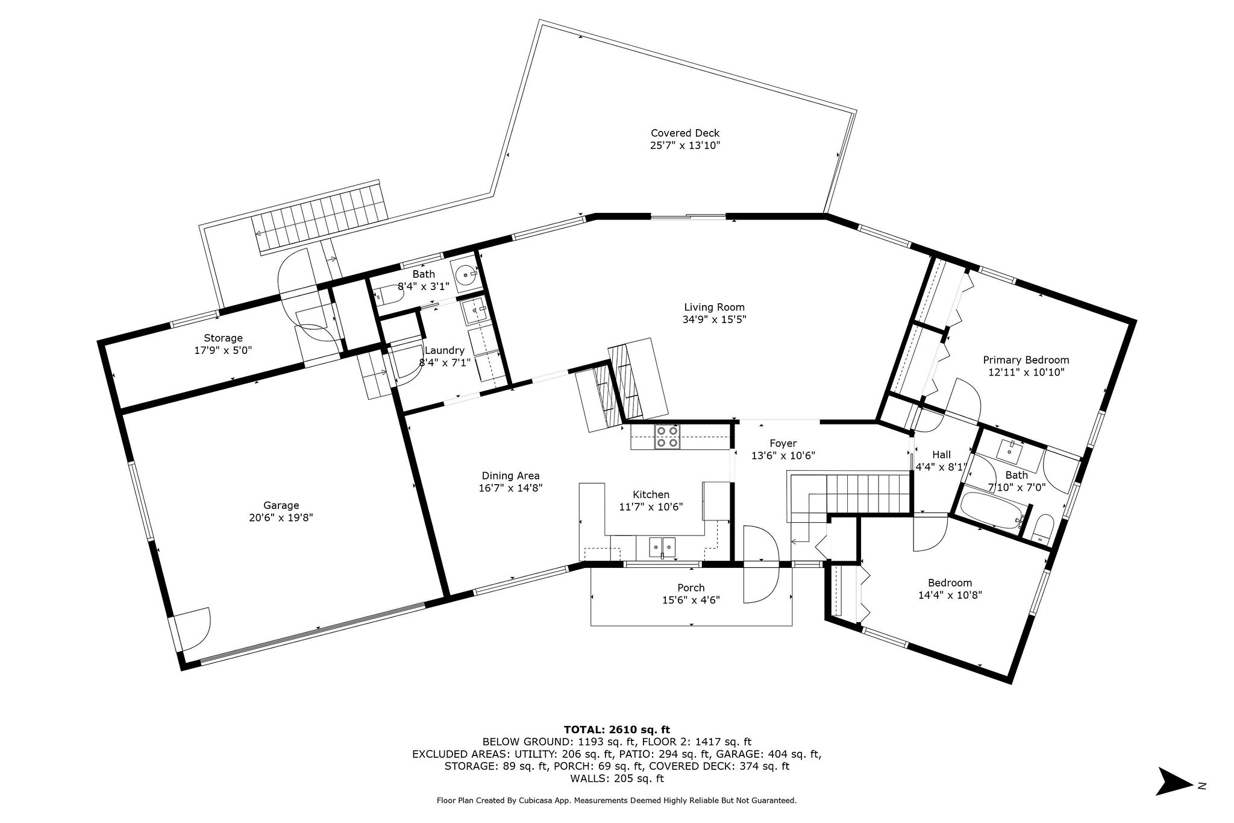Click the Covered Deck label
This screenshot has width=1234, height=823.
tap(684, 133)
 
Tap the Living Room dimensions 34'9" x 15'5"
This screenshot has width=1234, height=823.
tap(714, 320)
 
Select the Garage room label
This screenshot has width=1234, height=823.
tap(281, 505)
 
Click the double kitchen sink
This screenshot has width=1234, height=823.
tap(662, 546)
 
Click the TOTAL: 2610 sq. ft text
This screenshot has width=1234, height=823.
tap(616, 729)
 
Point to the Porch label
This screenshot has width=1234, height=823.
tap(691, 587)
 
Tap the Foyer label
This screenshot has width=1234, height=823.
tap(783, 443)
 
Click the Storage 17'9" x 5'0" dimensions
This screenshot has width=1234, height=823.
tap(223, 350)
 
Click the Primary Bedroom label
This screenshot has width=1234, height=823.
tap(1026, 360)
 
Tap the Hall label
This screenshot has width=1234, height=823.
tap(941, 455)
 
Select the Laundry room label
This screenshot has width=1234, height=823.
tap(445, 350)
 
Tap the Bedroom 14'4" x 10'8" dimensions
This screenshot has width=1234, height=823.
tap(950, 594)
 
